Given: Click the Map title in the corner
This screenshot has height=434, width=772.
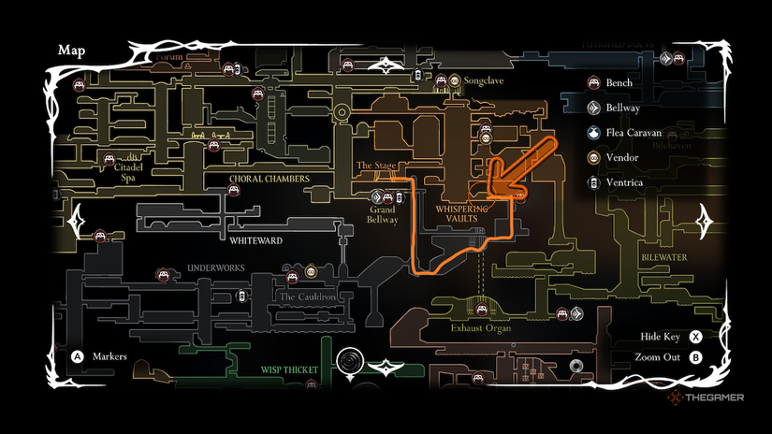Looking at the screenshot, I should [x=72, y=50].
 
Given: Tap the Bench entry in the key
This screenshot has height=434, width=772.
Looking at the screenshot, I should [x=619, y=83].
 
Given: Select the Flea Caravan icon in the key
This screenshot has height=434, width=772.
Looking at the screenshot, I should [x=593, y=133].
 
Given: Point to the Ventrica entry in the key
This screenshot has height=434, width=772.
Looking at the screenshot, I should [x=624, y=182].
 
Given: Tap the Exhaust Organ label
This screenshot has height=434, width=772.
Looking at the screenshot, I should [x=482, y=328].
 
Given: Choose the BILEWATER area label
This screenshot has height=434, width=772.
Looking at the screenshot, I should [x=664, y=255].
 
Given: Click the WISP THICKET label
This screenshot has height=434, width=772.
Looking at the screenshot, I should [x=289, y=369].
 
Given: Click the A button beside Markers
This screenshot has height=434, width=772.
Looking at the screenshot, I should [x=79, y=356].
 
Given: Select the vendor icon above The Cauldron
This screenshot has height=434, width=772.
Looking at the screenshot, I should [x=311, y=273].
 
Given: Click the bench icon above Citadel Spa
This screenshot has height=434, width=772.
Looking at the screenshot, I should [x=109, y=158].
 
